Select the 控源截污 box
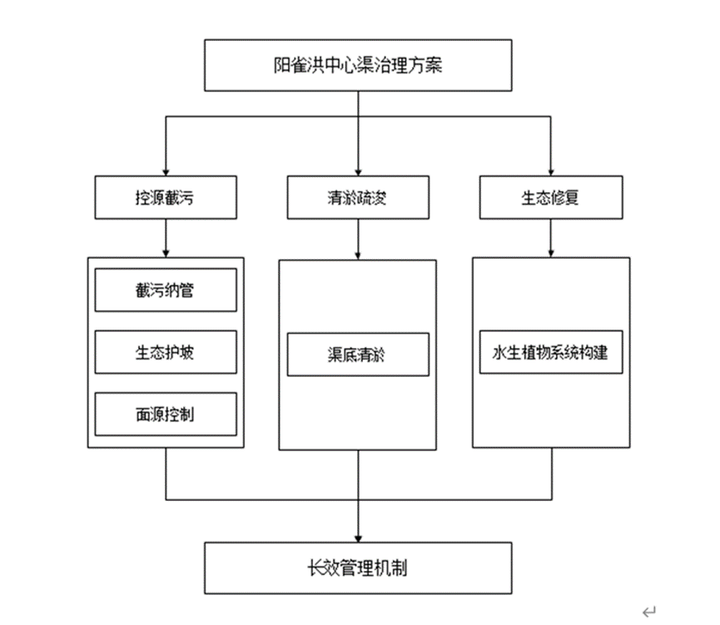(166, 198)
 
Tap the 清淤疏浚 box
(358, 198)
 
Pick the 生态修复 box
(549, 198)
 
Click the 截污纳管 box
(166, 290)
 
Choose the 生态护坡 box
(166, 352)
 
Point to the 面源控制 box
(166, 414)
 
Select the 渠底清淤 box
(358, 355)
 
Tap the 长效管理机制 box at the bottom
(358, 568)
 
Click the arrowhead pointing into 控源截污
(166, 171)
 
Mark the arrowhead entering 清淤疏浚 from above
(358, 171)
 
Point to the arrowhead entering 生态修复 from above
(549, 171)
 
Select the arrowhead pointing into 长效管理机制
(358, 537)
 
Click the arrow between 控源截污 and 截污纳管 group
(166, 239)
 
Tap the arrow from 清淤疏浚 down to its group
(358, 241)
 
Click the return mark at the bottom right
(648, 612)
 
